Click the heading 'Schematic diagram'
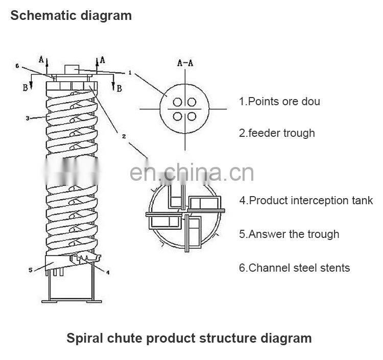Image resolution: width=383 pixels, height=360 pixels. (71, 15)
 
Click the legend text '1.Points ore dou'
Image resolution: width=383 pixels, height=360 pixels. (279, 101)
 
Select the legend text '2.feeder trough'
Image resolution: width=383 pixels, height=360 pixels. (277, 133)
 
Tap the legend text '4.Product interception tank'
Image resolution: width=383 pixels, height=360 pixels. (306, 201)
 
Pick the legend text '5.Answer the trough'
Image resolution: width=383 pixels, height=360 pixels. (289, 234)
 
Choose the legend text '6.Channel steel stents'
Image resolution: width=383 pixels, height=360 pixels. (294, 268)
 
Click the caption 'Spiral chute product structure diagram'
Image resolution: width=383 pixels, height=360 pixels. (189, 338)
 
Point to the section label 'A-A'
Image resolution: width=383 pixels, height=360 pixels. (184, 63)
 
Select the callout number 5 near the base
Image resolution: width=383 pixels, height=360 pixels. (30, 270)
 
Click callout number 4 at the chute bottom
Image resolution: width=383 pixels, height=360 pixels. (108, 272)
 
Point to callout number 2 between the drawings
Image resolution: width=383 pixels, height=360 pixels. (124, 136)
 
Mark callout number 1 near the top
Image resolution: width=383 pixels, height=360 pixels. (130, 73)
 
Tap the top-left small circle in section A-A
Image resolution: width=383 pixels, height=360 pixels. (178, 101)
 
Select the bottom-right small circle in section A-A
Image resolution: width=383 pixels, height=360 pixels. (192, 116)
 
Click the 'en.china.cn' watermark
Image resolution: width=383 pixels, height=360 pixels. (191, 173)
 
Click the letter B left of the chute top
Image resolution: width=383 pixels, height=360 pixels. (25, 87)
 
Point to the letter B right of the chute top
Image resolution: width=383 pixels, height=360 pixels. (119, 88)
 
